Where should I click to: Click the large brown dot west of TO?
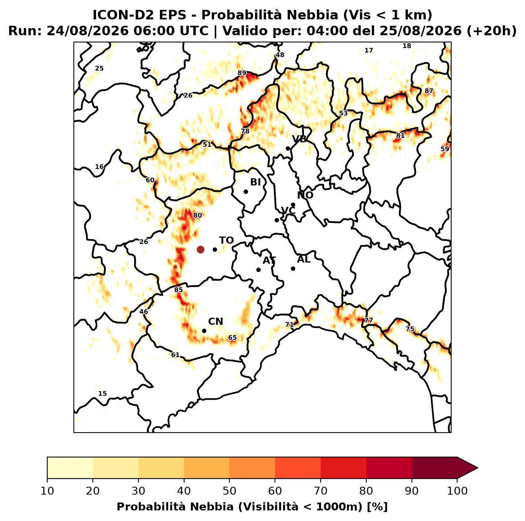click(200, 249)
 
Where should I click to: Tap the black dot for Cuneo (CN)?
click(204, 331)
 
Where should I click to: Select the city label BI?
click(256, 182)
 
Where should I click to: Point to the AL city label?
click(304, 259)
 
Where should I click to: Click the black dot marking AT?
click(259, 270)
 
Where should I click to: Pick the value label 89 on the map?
click(242, 73)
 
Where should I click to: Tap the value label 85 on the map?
click(179, 290)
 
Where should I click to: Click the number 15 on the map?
click(102, 394)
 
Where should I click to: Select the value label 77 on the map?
click(368, 320)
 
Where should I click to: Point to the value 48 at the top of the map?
click(280, 55)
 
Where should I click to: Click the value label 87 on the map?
click(429, 91)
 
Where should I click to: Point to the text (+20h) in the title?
click(492, 31)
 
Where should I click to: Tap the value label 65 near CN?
click(233, 338)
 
